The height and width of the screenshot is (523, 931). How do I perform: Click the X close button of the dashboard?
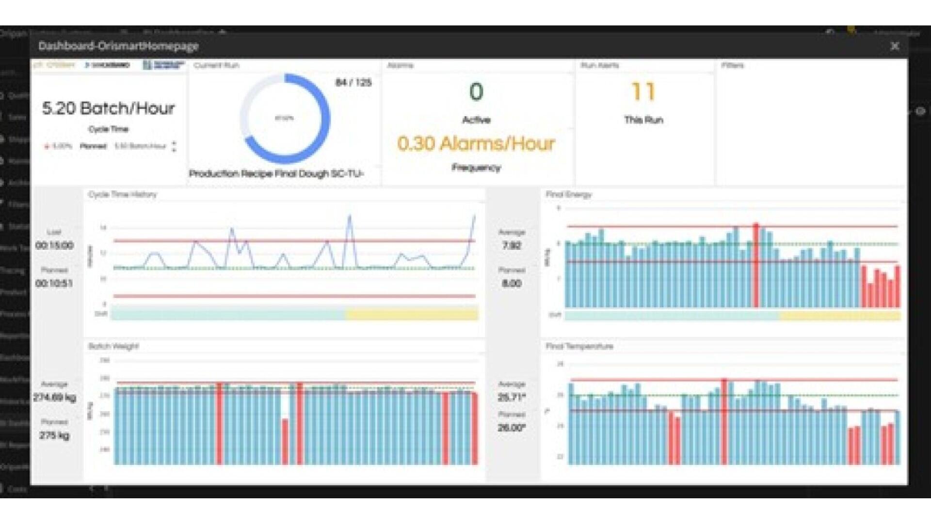895,46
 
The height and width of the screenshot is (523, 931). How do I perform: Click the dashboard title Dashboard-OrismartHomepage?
118,46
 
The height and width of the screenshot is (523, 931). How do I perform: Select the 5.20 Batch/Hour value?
108,108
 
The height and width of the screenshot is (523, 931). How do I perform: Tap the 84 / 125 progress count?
353,82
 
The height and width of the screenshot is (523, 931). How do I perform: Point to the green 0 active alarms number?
476,92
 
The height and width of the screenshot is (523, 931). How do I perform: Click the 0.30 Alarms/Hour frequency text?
476,143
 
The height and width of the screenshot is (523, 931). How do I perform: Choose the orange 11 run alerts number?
643,92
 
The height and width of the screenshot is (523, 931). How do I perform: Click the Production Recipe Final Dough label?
276,173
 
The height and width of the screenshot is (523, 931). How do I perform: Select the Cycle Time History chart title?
122,194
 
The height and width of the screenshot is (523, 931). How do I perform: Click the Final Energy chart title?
569,194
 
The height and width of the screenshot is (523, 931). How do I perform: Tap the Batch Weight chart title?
113,346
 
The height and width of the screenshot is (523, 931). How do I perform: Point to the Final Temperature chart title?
579,346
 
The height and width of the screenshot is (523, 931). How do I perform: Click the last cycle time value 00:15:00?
54,245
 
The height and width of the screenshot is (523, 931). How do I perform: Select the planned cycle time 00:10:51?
54,283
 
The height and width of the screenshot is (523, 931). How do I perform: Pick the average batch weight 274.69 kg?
54,398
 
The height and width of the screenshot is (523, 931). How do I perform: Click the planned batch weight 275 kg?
54,435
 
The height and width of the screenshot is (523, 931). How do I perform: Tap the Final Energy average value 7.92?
512,245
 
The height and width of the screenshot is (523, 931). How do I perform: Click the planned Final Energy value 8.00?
512,283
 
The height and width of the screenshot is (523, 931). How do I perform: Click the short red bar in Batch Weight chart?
285,441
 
